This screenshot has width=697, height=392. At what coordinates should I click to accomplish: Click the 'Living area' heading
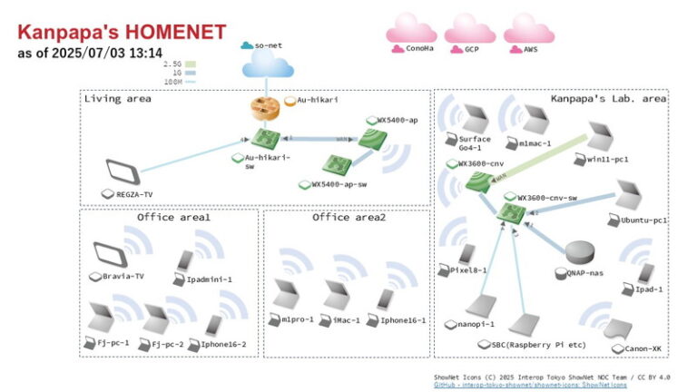click(118, 98)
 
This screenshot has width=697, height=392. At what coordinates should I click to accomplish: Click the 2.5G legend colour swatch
click(191, 64)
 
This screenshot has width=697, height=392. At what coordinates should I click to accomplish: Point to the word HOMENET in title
click(173, 32)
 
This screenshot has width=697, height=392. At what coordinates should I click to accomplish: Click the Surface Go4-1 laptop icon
click(473, 116)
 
